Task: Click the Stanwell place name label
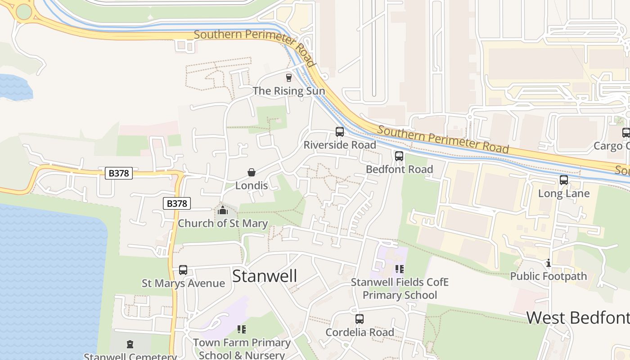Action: tap(265, 276)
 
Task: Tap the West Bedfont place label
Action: tap(578, 317)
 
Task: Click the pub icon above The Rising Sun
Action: tap(288, 78)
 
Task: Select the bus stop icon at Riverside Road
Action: tap(340, 132)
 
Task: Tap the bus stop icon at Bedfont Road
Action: tap(399, 156)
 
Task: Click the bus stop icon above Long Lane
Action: tap(564, 180)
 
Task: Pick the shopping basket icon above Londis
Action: tap(252, 172)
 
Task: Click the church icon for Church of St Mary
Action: tap(223, 210)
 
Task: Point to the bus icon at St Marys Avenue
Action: tap(183, 270)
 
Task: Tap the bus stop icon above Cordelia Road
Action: tap(359, 319)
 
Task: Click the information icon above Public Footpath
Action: tap(548, 263)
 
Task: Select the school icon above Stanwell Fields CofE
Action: tap(399, 269)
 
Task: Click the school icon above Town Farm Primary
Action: tap(242, 329)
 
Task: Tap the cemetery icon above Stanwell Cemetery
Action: tap(130, 345)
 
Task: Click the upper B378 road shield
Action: tap(119, 173)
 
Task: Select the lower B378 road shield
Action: tap(177, 203)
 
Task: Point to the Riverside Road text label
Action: tap(340, 145)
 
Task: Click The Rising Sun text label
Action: tap(288, 91)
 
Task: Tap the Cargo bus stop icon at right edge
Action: tap(625, 133)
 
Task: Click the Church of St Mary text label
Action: tap(223, 223)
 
